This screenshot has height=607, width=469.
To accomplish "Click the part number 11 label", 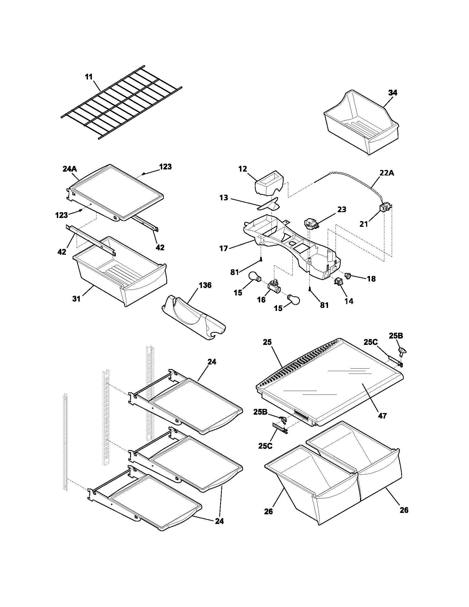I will [89, 77].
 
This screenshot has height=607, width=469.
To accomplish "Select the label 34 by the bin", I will [393, 93].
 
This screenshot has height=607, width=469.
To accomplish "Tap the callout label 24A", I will [70, 169].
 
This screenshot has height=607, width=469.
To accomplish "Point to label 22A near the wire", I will [387, 173].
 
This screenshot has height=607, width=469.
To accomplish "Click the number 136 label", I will [205, 285].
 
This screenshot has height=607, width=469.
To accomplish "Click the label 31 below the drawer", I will [76, 299].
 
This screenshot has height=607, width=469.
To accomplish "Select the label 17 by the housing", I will [224, 248].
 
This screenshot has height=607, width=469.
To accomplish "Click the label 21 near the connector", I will [364, 224].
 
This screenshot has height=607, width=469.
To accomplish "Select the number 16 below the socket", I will [262, 300].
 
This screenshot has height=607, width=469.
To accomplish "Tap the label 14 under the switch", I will [349, 301].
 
